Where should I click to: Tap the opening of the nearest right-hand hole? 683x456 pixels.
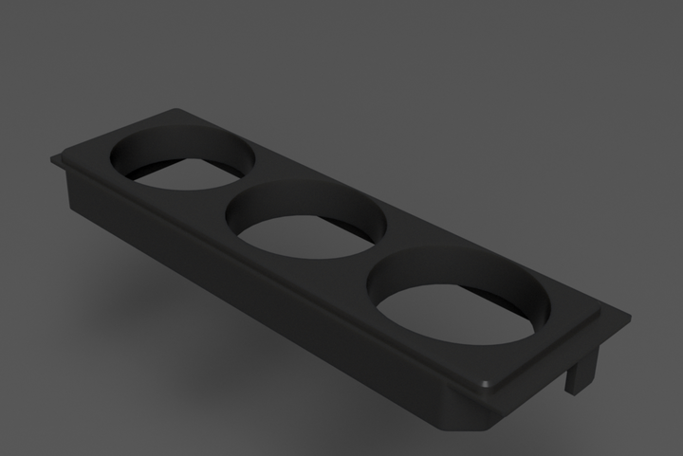pos(455,313)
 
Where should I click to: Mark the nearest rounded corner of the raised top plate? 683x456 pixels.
pos(486,385)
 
